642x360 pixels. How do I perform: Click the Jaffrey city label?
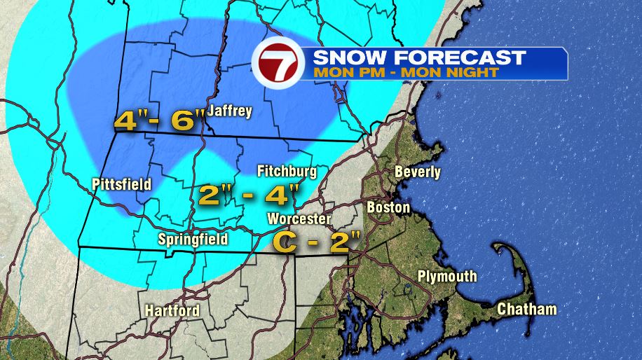click(x=229, y=111)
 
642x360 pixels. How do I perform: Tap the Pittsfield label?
click(x=122, y=184)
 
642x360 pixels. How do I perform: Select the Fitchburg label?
click(x=287, y=171)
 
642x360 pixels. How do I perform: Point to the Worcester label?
click(x=300, y=219)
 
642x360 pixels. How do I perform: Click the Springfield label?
click(x=192, y=240)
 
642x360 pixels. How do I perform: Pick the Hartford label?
click(x=172, y=310)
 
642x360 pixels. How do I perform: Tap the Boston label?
click(x=388, y=207)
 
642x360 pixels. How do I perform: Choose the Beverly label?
click(x=418, y=172)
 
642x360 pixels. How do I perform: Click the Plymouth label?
click(x=447, y=276)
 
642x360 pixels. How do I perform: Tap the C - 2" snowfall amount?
click(x=316, y=242)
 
